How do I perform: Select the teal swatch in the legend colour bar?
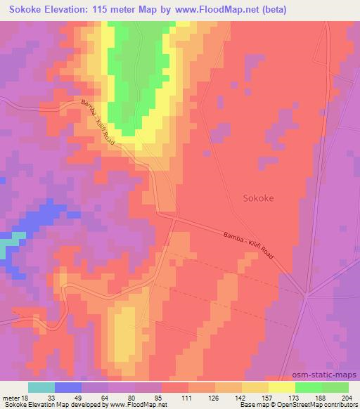click(41, 387)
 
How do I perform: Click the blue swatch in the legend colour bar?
click(68, 387)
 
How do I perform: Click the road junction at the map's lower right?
click(307, 296)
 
